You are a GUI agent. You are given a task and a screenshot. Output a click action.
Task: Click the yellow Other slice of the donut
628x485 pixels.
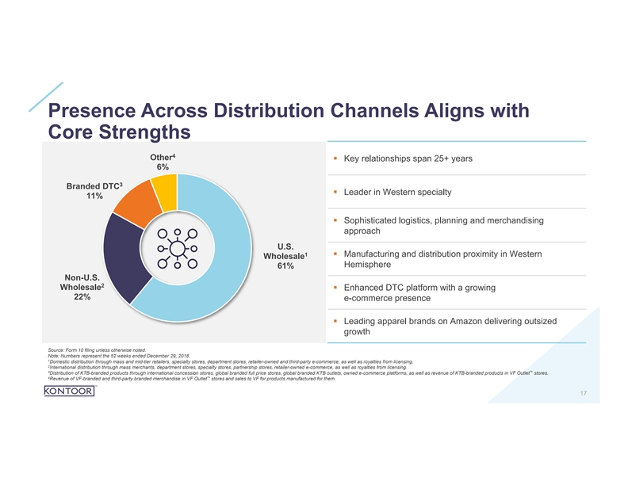point(165,188)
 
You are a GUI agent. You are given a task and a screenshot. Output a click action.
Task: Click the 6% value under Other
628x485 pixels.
point(162,167)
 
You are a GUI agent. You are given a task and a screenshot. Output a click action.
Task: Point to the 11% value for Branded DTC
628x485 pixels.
point(94,197)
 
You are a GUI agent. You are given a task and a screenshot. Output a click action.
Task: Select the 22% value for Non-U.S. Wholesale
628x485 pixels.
point(81,297)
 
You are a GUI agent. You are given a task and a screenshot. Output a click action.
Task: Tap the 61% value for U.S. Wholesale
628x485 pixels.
point(285,266)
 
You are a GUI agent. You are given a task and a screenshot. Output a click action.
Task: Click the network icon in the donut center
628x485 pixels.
point(176,249)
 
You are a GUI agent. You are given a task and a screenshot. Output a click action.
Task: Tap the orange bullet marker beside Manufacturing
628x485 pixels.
point(335,254)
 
